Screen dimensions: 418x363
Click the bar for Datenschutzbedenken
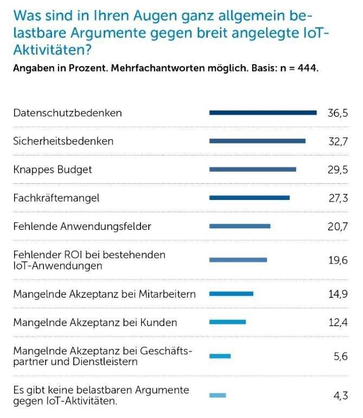point(263,113)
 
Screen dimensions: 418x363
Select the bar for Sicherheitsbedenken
point(257,141)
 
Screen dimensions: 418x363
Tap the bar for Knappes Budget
point(253,169)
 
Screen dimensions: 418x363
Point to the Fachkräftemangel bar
point(250,198)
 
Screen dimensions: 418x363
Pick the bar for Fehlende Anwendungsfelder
point(240,226)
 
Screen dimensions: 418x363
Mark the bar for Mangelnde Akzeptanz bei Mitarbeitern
point(231,294)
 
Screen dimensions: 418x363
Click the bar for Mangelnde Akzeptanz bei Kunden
point(227,322)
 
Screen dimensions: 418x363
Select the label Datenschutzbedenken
point(67,113)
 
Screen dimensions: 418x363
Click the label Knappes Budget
point(53,170)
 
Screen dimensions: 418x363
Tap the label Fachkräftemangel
point(56,198)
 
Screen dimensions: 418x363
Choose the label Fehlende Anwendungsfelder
point(82,226)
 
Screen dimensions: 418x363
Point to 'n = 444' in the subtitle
point(297,69)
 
